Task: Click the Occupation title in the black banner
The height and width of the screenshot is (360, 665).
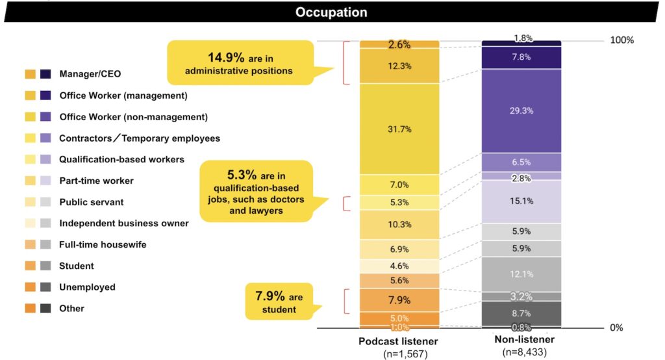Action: tap(331, 12)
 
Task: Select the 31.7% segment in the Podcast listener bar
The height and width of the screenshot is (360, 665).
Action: tap(399, 129)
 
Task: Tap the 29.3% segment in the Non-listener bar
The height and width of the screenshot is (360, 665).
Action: tap(521, 110)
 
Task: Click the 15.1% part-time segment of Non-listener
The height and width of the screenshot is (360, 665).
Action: tap(521, 201)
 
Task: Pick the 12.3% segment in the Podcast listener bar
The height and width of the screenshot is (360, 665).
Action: tap(399, 66)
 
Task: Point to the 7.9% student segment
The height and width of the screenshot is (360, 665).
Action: tap(399, 300)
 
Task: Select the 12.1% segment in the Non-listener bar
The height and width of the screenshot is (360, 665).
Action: tap(521, 274)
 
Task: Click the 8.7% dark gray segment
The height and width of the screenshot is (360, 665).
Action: tap(521, 313)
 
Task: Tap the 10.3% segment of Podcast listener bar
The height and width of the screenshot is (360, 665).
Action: tap(399, 225)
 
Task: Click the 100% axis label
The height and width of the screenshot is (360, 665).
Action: tap(621, 40)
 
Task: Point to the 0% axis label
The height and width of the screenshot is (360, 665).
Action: tap(616, 328)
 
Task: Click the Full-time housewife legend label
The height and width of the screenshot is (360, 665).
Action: tap(103, 244)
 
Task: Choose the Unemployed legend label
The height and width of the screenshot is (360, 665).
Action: tap(87, 287)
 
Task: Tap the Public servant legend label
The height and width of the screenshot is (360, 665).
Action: tap(92, 202)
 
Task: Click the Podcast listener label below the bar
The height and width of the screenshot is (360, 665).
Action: tap(397, 342)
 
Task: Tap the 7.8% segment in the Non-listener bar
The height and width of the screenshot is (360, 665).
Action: tap(521, 57)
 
